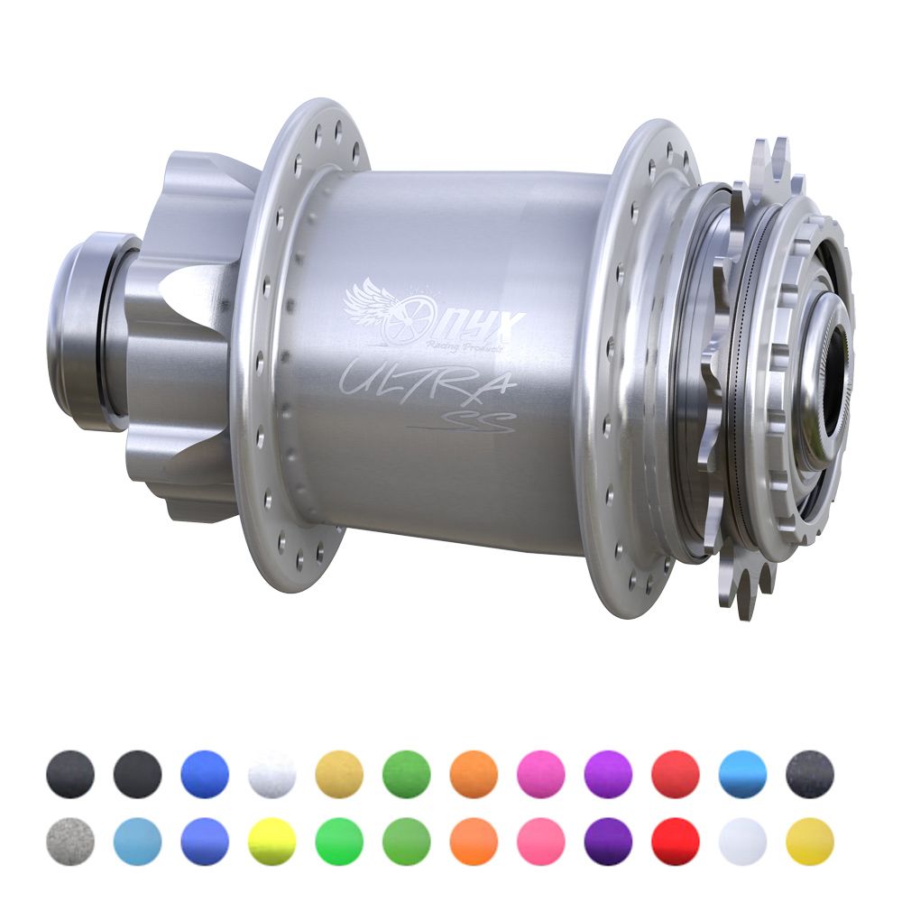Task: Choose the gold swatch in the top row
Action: click(x=339, y=774)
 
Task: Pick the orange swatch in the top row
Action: click(x=474, y=774)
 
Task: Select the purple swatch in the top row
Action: click(x=608, y=774)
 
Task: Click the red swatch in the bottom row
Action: click(x=676, y=842)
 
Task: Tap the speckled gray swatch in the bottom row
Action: click(x=69, y=842)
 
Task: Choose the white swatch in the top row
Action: click(x=272, y=774)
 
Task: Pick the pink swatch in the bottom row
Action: click(x=540, y=842)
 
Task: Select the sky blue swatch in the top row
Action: click(x=742, y=774)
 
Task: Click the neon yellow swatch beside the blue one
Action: click(x=272, y=842)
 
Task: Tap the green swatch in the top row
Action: click(x=406, y=774)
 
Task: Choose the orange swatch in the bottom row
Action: click(x=474, y=842)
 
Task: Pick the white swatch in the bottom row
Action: click(x=742, y=842)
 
